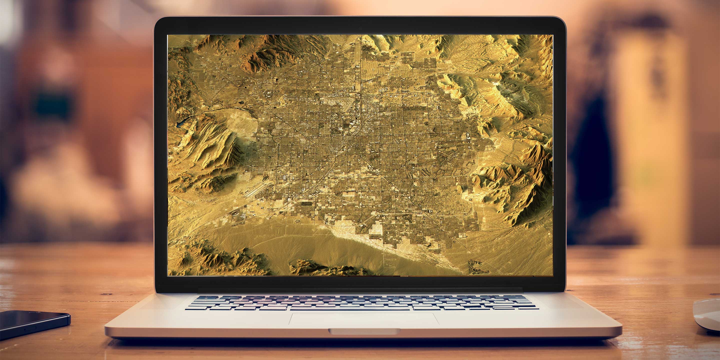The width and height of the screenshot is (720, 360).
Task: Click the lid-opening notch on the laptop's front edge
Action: click(x=364, y=331)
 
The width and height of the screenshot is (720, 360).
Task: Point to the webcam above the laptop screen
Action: click(x=360, y=28)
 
